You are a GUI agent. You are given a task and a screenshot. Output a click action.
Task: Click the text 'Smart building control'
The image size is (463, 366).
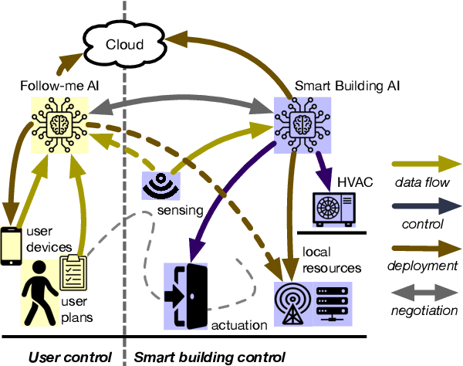(210, 357)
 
